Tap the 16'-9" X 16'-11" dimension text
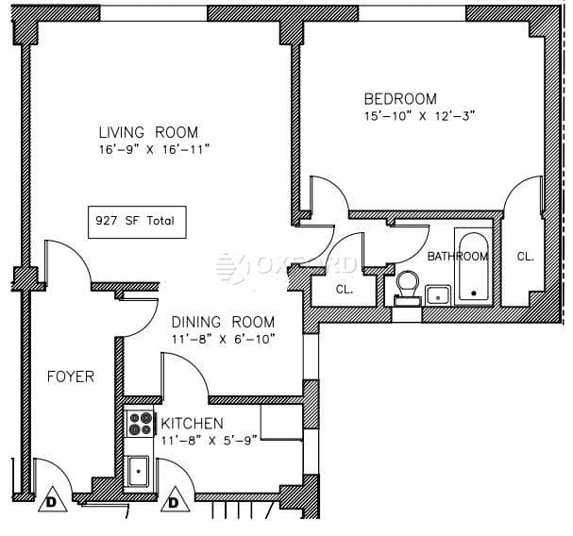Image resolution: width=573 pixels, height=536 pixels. coord(152,149)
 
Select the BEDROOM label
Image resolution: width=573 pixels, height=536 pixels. coord(400,99)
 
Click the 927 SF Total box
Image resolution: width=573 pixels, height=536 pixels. coord(134,223)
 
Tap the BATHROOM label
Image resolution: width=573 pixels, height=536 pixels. coord(457,256)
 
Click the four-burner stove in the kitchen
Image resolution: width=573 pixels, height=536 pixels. coord(141,423)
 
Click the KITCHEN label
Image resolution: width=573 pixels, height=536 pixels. coord(193,423)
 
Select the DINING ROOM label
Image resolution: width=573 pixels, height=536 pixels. coord(224,322)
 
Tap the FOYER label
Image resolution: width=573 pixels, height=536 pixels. coord(71,377)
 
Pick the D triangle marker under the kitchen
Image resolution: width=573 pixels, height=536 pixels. coord(174,502)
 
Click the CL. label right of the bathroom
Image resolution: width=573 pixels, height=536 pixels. coord(525,256)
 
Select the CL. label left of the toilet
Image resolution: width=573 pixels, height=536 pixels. coord(345,290)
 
